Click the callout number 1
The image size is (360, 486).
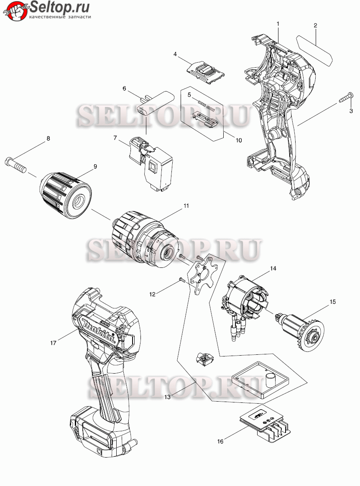278,23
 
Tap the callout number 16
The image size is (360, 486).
220,441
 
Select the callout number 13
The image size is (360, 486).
167,397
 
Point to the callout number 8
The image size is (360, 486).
48,138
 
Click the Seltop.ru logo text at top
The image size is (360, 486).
60,7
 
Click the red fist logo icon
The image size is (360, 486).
14,11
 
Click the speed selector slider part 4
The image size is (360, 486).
205,72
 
